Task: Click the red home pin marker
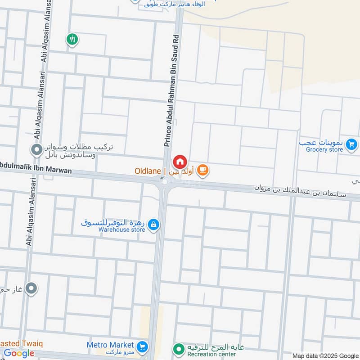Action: [x=180, y=161]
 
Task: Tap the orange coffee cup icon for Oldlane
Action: [x=203, y=170]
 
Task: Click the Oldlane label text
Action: [x=148, y=171]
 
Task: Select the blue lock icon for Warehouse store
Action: [x=153, y=224]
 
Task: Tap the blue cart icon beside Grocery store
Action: [x=352, y=144]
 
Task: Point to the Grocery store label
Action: [x=324, y=149]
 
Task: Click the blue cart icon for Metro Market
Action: [x=143, y=347]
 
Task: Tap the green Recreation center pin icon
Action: [x=179, y=348]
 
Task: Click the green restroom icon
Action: [x=72, y=39]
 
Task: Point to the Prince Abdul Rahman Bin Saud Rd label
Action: [x=171, y=90]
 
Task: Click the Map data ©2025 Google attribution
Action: [x=326, y=355]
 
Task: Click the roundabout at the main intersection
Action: [x=165, y=181]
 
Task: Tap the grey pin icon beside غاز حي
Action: [x=31, y=288]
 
